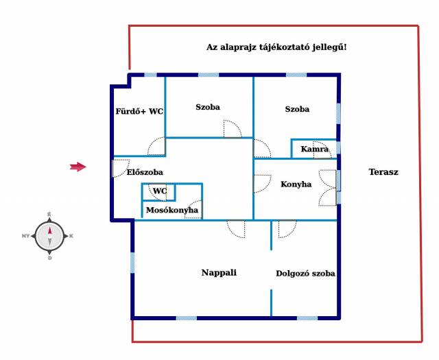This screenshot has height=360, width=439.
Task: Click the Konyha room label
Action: tap(296, 184)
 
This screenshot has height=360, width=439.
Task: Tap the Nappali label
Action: tap(219, 272)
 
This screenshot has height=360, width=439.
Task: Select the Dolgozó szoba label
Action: tap(305, 273)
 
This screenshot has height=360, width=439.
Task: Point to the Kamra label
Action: tap(314, 149)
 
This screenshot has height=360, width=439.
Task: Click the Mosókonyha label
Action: tap(172, 210)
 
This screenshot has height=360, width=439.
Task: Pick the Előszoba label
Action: tap(145, 172)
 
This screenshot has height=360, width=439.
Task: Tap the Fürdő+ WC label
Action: tap(139, 111)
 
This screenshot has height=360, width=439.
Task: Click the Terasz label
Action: tap(383, 172)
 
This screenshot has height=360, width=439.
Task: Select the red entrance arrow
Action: tap(78, 167)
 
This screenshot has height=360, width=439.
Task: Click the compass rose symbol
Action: tap(49, 236)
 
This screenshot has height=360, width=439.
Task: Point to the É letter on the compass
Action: tap(49, 215)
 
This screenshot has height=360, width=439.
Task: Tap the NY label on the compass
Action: tap(26, 236)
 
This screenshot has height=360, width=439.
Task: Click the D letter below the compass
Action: tap(50, 258)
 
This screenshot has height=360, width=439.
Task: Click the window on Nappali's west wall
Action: tap(132, 263)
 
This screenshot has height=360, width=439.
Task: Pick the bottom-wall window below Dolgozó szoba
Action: tap(307, 318)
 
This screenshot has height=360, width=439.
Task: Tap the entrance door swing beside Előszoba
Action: tap(121, 168)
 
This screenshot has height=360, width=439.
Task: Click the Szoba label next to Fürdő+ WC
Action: tap(208, 107)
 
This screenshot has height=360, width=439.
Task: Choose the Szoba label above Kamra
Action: tap(297, 109)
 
